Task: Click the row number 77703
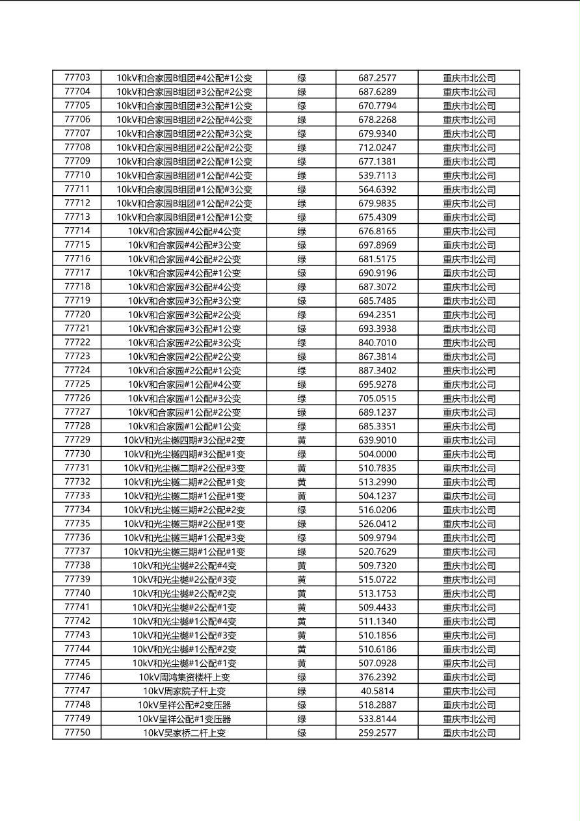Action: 77,77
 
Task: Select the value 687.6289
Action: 377,92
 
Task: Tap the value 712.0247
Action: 377,148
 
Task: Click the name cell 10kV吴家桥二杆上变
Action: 184,733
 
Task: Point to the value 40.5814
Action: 377,691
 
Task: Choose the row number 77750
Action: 77,733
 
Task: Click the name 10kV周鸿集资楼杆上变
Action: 184,677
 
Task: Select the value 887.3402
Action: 377,370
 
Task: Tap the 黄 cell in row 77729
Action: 302,440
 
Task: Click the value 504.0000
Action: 377,454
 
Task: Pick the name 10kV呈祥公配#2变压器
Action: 184,705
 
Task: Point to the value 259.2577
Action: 377,733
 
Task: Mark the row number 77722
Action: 77,343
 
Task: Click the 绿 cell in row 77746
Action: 302,677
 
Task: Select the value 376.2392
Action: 377,677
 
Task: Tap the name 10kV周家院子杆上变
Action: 184,691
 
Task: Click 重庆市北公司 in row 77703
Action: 469,78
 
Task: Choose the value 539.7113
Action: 377,176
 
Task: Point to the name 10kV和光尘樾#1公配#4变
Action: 184,621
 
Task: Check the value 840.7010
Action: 377,343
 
